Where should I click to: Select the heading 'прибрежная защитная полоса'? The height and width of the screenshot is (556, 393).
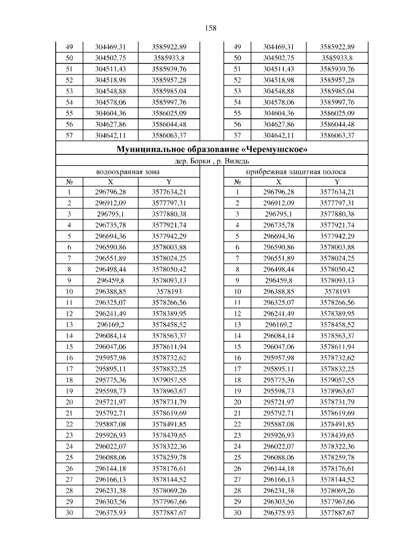click(295, 172)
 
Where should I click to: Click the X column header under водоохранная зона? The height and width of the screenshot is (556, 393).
click(111, 182)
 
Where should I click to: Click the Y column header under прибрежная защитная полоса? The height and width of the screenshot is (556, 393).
click(337, 182)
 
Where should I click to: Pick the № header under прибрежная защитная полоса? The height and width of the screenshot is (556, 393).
click(237, 182)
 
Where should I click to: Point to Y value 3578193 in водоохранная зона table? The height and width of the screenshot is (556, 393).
click(169, 291)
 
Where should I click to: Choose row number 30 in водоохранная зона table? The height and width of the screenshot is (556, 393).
click(69, 512)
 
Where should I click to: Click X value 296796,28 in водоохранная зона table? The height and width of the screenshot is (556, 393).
click(111, 192)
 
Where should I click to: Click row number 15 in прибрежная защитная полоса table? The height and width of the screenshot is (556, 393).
click(237, 347)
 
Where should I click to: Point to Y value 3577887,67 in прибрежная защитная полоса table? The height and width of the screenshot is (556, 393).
click(337, 512)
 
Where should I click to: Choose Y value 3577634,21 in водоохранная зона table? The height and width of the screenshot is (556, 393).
click(169, 192)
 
